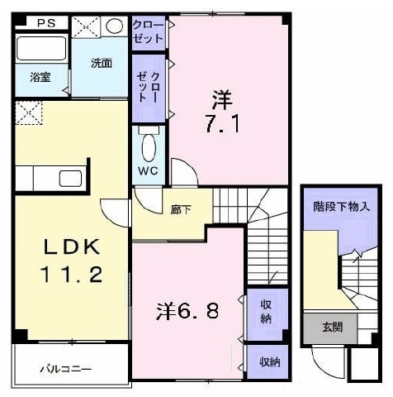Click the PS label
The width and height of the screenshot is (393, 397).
(46, 23)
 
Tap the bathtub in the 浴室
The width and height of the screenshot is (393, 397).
(42, 49)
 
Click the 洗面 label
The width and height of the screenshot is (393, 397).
(102, 63)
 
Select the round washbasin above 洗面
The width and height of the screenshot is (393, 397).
(114, 26)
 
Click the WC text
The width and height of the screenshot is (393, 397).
(148, 171)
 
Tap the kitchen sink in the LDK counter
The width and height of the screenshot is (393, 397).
(71, 179)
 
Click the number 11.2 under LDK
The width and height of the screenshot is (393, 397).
(72, 275)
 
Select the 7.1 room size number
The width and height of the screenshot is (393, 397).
(222, 123)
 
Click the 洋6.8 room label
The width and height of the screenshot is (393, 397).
(187, 312)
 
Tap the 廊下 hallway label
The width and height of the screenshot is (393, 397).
(181, 210)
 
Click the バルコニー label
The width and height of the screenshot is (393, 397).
(65, 369)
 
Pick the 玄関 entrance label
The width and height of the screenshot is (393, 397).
(332, 328)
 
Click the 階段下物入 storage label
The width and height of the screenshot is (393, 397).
(341, 206)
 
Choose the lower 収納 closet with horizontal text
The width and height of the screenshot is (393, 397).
(270, 361)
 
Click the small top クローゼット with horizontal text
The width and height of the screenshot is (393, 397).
(149, 32)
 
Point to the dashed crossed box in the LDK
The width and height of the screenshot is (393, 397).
(29, 112)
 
